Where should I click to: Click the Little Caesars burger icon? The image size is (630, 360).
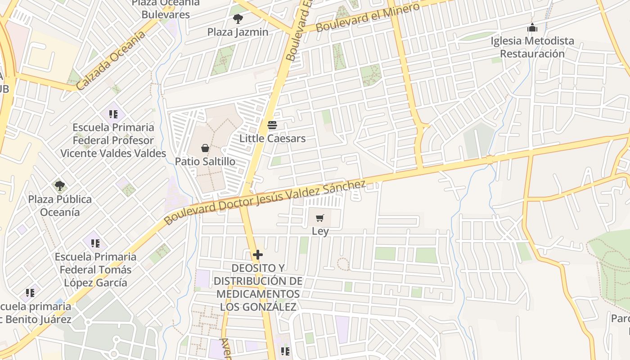pyautogui.click(x=272, y=125)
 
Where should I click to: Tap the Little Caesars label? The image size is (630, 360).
pyautogui.click(x=272, y=138)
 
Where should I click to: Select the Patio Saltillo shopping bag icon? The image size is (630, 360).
pyautogui.click(x=205, y=148)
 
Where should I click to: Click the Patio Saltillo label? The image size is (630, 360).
pyautogui.click(x=205, y=161)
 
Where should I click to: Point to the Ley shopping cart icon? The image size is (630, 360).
pyautogui.click(x=320, y=218)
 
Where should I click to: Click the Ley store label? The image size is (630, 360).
pyautogui.click(x=320, y=231)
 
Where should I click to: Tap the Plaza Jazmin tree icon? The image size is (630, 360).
pyautogui.click(x=238, y=19)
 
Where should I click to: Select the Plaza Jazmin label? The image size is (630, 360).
pyautogui.click(x=238, y=32)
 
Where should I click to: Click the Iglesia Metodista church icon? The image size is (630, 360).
pyautogui.click(x=532, y=28)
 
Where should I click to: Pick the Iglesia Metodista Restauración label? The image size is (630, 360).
pyautogui.click(x=532, y=47)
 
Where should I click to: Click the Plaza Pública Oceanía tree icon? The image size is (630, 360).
pyautogui.click(x=59, y=185)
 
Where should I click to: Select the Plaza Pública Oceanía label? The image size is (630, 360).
pyautogui.click(x=60, y=205)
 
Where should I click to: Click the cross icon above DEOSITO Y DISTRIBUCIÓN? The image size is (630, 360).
pyautogui.click(x=257, y=255)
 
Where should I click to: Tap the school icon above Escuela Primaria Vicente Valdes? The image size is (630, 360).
pyautogui.click(x=113, y=114)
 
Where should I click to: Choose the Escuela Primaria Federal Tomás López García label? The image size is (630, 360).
pyautogui.click(x=95, y=270)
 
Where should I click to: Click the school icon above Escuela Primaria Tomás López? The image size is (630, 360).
pyautogui.click(x=95, y=243)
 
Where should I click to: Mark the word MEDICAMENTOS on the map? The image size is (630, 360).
pyautogui.click(x=258, y=294)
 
